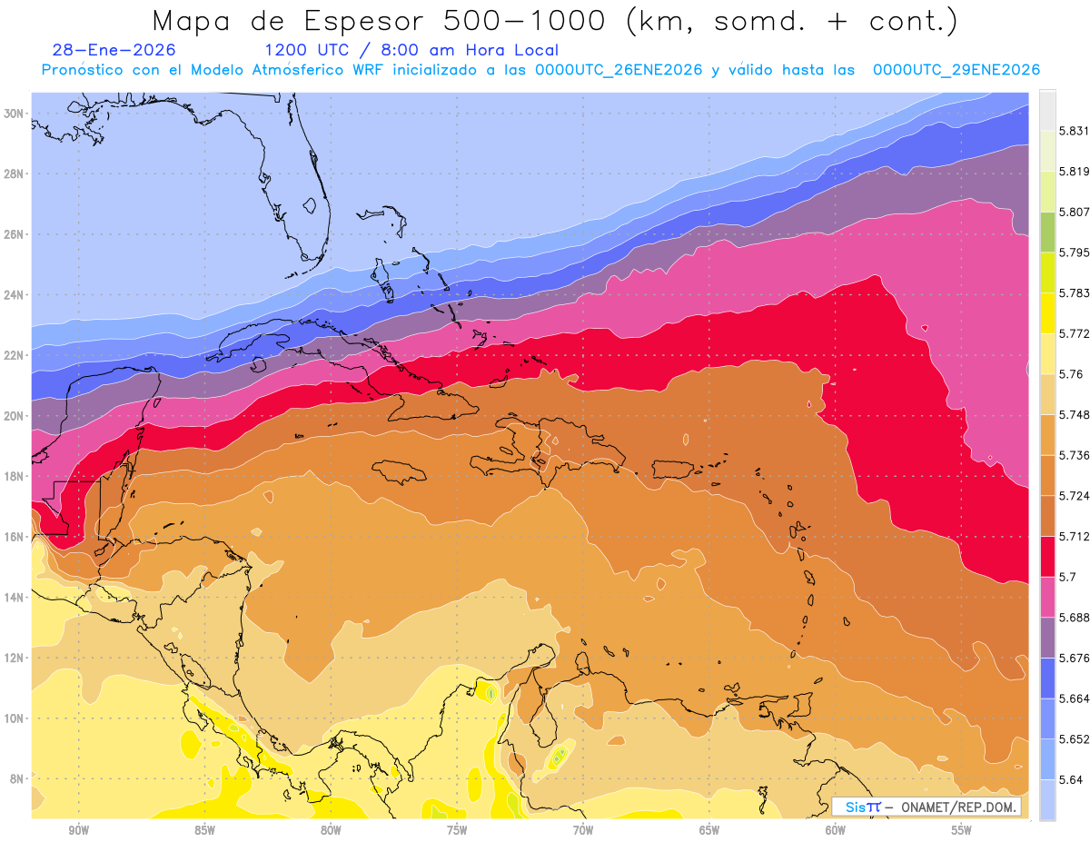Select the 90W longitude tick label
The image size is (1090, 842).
[x=78, y=830]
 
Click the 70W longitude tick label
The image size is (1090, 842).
[x=583, y=830]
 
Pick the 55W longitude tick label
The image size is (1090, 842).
[x=961, y=830]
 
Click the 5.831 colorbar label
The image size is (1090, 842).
[x=1074, y=131]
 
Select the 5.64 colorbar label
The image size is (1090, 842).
[x=1070, y=779]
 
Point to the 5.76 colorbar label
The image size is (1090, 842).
[x=1070, y=373]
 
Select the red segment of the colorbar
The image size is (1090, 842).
[x=1047, y=556]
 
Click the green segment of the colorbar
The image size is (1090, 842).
[x=1047, y=232]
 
